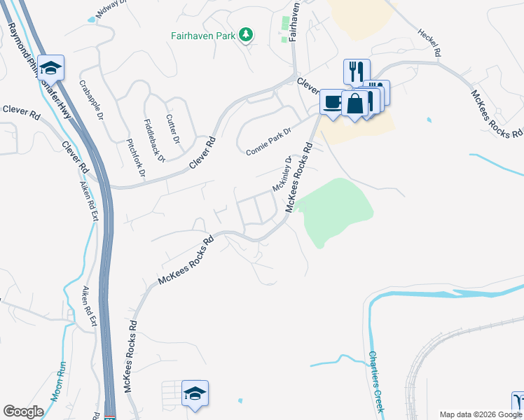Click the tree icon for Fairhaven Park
pos(245,34)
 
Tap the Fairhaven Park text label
pos(204,34)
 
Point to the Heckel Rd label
pos(429,42)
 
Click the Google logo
pos(23,412)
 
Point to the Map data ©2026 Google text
pos(481,414)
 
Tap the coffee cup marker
pos(332,102)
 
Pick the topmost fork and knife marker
pos(355,71)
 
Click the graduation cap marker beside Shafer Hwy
pos(50,67)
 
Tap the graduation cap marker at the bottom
pos(195,393)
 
